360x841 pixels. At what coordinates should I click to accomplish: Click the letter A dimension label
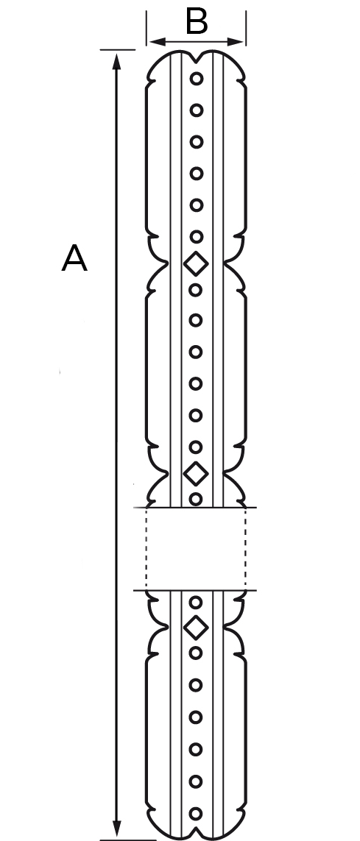click(x=74, y=258)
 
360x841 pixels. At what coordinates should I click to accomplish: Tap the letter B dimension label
click(x=197, y=23)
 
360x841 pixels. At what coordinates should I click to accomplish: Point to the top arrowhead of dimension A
click(x=116, y=62)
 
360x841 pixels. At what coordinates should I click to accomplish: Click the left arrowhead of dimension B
click(x=158, y=42)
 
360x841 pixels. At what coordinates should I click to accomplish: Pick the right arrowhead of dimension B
click(x=235, y=42)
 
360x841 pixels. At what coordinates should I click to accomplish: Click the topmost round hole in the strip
click(x=197, y=79)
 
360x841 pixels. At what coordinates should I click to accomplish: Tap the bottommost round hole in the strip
click(x=197, y=814)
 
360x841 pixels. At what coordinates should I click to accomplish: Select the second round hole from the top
click(x=197, y=110)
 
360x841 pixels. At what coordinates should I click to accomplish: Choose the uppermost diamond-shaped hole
click(x=196, y=264)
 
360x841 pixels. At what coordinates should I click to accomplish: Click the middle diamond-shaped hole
click(x=196, y=474)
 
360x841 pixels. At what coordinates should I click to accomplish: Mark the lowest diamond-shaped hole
click(x=196, y=628)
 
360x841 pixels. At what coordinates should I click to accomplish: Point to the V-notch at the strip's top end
click(x=197, y=59)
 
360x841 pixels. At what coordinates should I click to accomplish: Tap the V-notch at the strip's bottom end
click(x=197, y=832)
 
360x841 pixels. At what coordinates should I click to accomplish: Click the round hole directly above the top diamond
click(x=197, y=236)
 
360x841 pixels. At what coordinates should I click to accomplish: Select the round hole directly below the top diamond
click(x=197, y=290)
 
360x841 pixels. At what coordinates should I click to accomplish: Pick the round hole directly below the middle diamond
click(x=197, y=500)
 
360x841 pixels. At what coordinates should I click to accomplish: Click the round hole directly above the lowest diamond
click(x=197, y=603)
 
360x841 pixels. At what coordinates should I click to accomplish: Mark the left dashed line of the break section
click(x=147, y=549)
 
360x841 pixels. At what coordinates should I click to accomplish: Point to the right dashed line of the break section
click(x=246, y=549)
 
